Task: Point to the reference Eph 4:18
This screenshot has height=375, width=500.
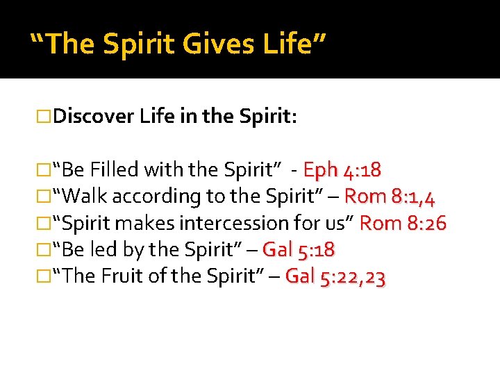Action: (x=342, y=170)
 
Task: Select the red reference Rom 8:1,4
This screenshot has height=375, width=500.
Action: (x=390, y=197)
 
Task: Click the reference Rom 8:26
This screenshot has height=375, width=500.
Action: (x=403, y=223)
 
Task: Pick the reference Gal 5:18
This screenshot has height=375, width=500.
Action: (x=299, y=249)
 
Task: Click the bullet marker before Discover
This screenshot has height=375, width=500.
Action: (x=46, y=117)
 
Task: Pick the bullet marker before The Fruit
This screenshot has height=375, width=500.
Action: (x=46, y=276)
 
